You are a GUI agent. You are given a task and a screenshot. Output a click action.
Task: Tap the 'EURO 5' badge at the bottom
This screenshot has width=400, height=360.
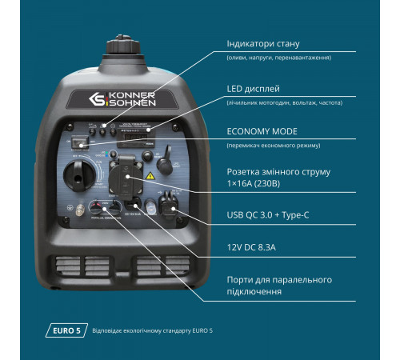pos(63,330)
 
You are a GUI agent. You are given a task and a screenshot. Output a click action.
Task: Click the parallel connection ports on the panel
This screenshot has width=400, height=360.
pos(105,206)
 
